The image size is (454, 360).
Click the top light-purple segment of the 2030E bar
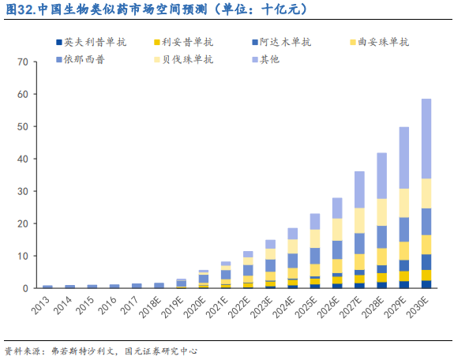click(x=426, y=138)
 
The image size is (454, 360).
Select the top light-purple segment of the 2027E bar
click(x=359, y=189)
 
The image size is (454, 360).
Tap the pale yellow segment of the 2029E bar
click(x=403, y=203)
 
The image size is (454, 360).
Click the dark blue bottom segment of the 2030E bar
click(x=426, y=284)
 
